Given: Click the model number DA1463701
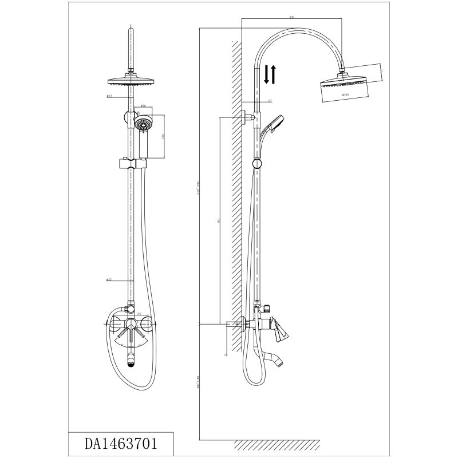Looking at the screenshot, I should click(121, 442).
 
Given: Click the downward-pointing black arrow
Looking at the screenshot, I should click(266, 75).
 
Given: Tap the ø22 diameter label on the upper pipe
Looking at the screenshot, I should click(109, 96).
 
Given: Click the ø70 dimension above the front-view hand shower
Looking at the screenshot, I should click(144, 106).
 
